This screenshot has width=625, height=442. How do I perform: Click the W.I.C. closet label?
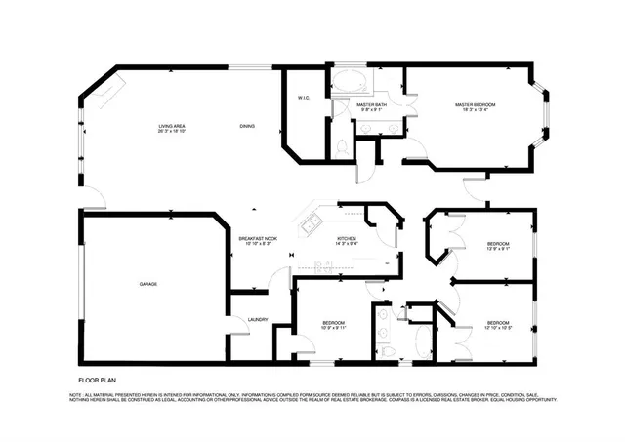(x=304, y=98)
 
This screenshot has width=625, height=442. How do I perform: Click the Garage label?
(x=148, y=284)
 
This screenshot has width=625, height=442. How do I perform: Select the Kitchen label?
(x=347, y=240)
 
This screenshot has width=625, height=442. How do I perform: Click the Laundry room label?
(x=258, y=319)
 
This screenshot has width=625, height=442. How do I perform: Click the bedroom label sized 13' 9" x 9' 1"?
(x=498, y=245)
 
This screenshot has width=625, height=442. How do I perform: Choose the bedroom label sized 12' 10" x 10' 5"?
(x=498, y=325)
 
